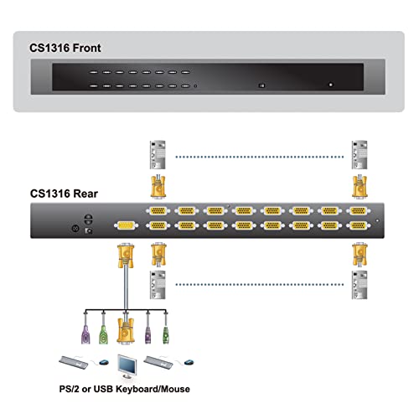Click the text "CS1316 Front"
(x=65, y=48)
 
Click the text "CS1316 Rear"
(x=64, y=194)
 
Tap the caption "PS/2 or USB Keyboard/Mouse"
(x=125, y=389)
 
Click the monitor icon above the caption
(x=127, y=366)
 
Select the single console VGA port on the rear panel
(x=126, y=225)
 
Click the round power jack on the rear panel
(x=75, y=229)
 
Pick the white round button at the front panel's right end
(x=331, y=85)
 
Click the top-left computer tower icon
(x=158, y=155)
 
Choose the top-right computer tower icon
(x=360, y=155)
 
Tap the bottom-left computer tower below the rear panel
(x=158, y=285)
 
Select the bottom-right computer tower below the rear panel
(x=360, y=285)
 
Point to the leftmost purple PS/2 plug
(x=85, y=334)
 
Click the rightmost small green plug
(x=166, y=334)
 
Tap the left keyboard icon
(x=74, y=362)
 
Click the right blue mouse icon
(x=189, y=362)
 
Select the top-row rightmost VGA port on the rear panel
(x=359, y=211)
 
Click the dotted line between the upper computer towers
(x=260, y=157)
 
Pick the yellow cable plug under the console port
(x=126, y=256)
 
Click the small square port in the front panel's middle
(x=261, y=85)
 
